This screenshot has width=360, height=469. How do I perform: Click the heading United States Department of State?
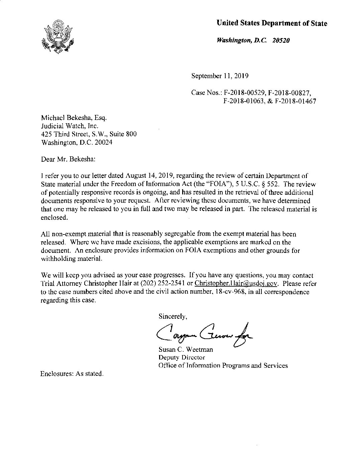(272, 23)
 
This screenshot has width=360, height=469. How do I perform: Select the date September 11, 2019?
(220, 76)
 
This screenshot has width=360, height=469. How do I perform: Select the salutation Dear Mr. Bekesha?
(68, 159)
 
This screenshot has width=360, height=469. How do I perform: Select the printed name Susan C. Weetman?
(186, 349)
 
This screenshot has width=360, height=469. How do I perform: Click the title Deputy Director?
(182, 357)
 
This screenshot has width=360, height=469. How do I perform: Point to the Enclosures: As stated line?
(72, 374)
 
